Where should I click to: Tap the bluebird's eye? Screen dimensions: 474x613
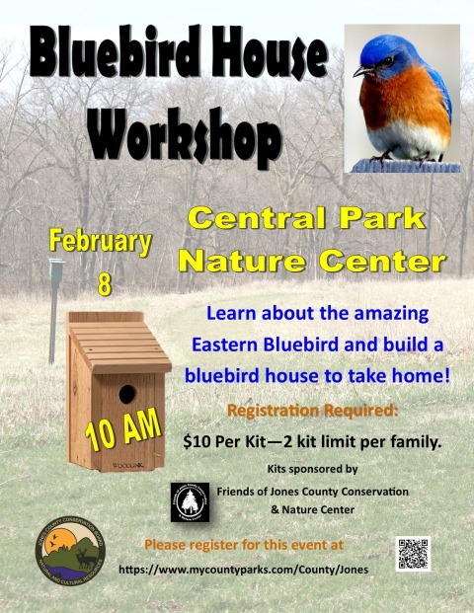click(x=388, y=61)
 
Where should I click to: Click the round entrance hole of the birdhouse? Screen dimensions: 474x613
click(x=127, y=394)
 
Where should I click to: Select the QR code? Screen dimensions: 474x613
click(x=413, y=554)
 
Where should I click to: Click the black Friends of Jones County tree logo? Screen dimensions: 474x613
click(x=190, y=502)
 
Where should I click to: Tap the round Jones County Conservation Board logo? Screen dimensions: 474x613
click(x=70, y=551)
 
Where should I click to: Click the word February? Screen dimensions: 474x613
click(x=100, y=242)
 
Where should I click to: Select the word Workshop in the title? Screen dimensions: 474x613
click(x=185, y=135)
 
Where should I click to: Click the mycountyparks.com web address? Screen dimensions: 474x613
click(x=243, y=570)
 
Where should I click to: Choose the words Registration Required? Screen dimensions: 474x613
click(x=313, y=411)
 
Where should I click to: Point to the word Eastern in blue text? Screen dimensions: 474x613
click(x=224, y=345)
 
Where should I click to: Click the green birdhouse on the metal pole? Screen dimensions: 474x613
click(x=56, y=268)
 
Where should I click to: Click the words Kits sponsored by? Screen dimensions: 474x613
click(x=312, y=469)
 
